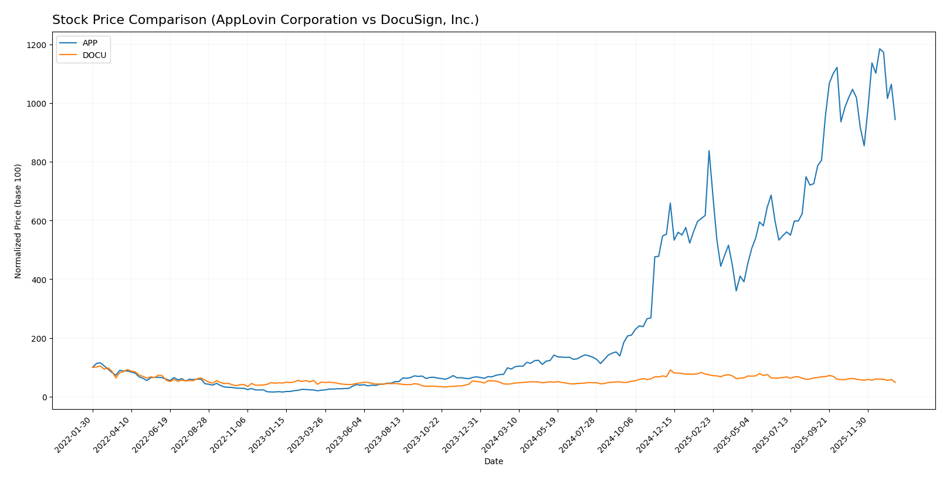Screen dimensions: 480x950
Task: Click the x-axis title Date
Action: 493,462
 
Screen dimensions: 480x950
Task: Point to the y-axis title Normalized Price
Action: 18,221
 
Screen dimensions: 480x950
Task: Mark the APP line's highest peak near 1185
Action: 880,49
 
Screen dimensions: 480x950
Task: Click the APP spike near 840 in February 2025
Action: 709,151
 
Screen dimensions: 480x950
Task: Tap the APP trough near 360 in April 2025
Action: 736,291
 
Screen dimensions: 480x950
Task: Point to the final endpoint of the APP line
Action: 895,120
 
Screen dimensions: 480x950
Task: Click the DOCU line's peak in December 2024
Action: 670,370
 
